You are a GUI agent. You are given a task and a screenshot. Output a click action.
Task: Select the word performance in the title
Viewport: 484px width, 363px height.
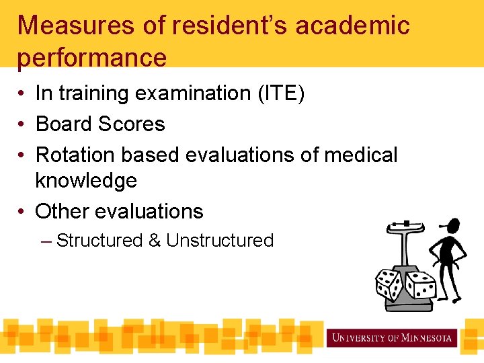[92, 57]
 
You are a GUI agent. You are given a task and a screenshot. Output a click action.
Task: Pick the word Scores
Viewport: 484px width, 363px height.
[131, 124]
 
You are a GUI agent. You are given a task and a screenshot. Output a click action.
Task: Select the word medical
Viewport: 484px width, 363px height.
[361, 155]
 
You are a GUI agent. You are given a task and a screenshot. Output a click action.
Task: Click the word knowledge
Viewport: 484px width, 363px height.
[86, 180]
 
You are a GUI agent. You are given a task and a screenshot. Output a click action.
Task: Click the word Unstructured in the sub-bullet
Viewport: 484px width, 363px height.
[220, 241]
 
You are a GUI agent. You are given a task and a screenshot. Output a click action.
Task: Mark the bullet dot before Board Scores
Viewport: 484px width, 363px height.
[22, 125]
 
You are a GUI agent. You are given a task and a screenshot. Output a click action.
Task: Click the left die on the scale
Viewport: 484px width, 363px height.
[387, 284]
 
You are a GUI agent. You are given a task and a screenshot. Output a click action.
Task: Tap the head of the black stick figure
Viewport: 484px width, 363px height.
[452, 226]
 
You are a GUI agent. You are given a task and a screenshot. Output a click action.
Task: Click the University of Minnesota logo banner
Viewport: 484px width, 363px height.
[392, 337]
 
